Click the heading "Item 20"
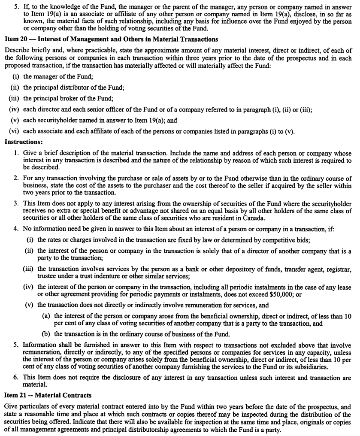(x=16, y=39)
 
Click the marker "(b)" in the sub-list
(x=46, y=334)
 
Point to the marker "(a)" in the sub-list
(x=46, y=316)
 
